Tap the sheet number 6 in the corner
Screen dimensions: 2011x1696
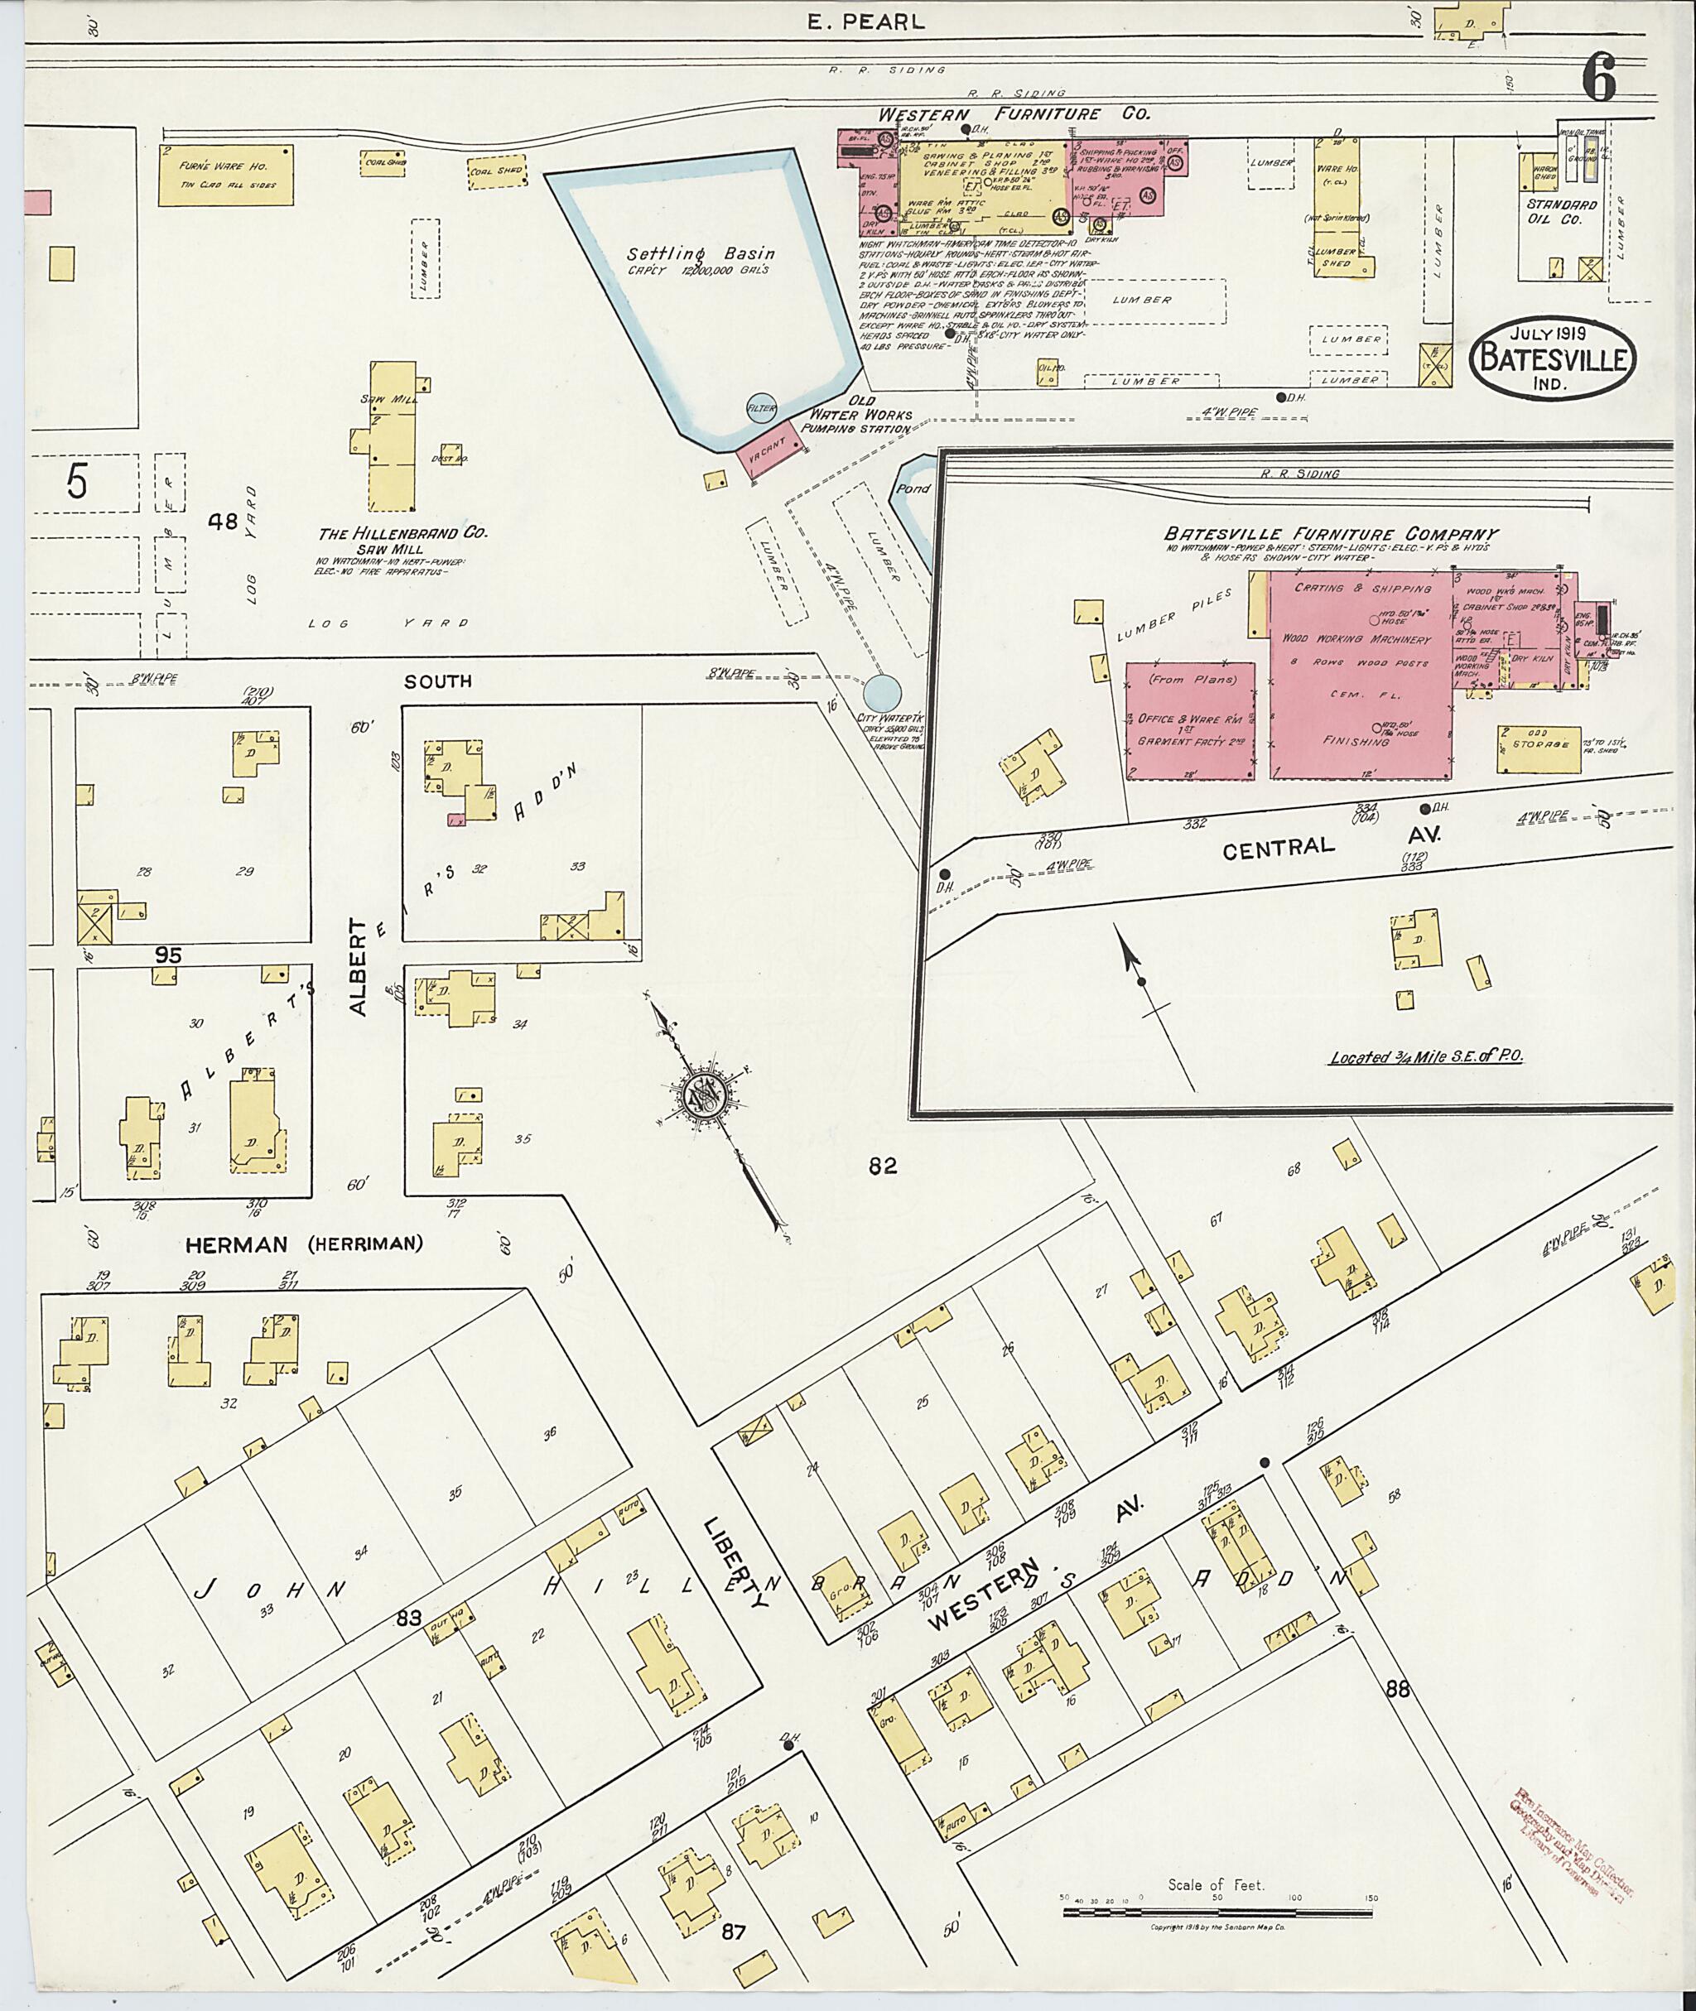[1598, 79]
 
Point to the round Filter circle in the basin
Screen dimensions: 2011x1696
[762, 408]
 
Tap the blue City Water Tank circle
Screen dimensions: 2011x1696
[882, 692]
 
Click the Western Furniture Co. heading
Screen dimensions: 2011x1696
[1014, 113]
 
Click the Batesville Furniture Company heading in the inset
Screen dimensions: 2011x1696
[1332, 533]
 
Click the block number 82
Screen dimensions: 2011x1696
[882, 1166]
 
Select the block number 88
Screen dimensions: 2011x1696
[1397, 1688]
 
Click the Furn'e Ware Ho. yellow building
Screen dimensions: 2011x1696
[226, 174]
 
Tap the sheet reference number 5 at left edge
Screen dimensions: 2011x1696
[77, 482]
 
